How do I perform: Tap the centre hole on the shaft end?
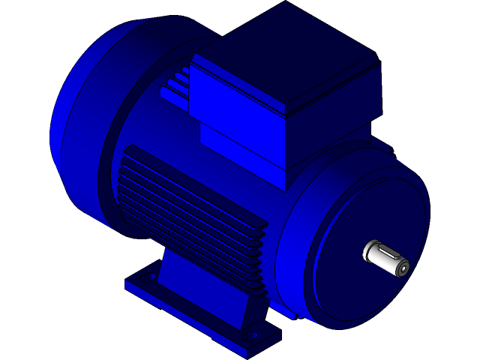coord(403,268)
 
